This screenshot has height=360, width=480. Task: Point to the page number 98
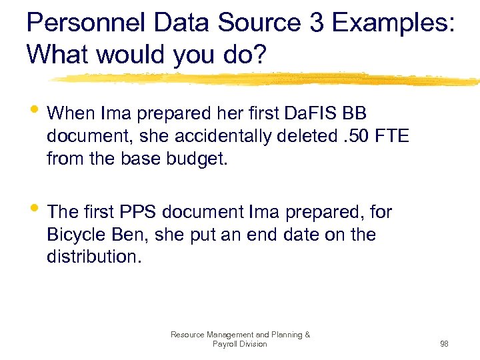click(444, 344)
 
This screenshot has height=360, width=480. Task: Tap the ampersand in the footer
click(306, 335)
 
